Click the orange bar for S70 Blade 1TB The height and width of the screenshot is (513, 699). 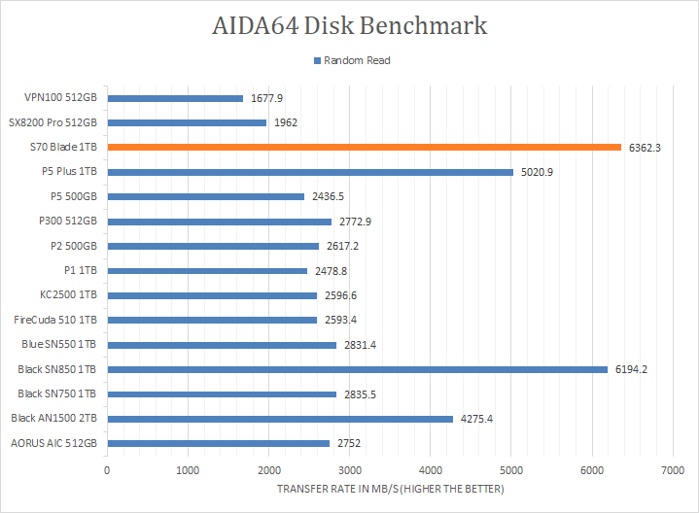pos(364,148)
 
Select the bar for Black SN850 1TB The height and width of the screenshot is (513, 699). pos(357,369)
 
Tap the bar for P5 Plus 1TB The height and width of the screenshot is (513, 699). pos(310,172)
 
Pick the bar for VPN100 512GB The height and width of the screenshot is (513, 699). pos(175,98)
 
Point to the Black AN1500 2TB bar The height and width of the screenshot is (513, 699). pos(280,419)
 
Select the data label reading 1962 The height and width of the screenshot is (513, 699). pos(286,123)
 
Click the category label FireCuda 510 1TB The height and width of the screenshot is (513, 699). pos(55,320)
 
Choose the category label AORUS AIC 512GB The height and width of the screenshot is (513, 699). pos(54,443)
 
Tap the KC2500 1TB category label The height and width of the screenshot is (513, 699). pos(68,295)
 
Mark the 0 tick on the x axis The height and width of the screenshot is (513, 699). pos(107,470)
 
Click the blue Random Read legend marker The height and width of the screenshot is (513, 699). pos(316,60)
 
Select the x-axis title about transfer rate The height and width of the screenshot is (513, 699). pos(389,489)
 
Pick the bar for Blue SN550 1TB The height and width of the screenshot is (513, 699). pos(222,345)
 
